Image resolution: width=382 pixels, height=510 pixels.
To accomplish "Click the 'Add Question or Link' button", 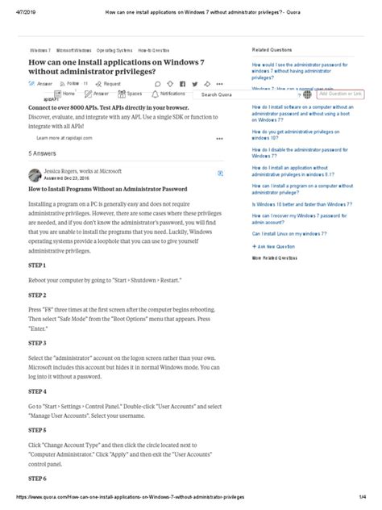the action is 343,94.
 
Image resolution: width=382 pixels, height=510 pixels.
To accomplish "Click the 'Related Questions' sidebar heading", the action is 272,49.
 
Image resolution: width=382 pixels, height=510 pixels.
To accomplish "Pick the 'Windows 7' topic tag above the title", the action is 39,49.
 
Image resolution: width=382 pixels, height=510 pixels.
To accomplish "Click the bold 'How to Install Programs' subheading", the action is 114,189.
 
